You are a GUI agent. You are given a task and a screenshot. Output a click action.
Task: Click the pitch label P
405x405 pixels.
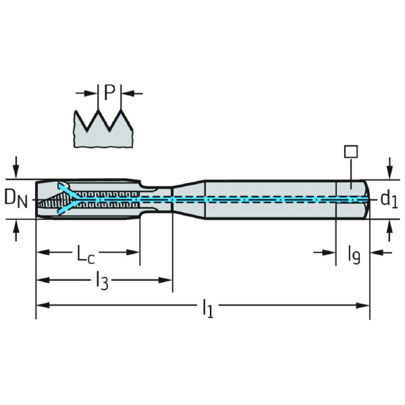(109, 92)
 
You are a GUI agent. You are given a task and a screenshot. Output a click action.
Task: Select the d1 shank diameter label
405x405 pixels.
(388, 198)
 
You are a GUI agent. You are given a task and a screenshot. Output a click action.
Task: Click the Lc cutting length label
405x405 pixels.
(86, 254)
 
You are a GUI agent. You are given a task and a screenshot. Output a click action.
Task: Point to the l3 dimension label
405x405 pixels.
(102, 279)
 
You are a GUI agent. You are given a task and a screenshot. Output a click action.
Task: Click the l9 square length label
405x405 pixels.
(354, 254)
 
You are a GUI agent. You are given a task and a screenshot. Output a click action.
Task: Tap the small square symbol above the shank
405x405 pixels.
(350, 151)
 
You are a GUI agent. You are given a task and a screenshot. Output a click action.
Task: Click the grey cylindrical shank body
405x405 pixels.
(270, 199)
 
